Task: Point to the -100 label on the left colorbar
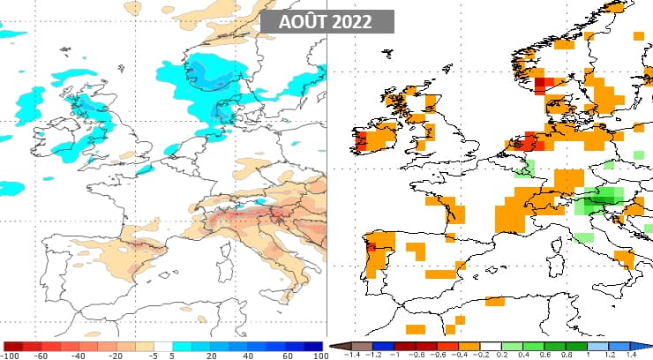(x=11, y=355)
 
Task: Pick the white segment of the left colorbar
(x=163, y=346)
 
